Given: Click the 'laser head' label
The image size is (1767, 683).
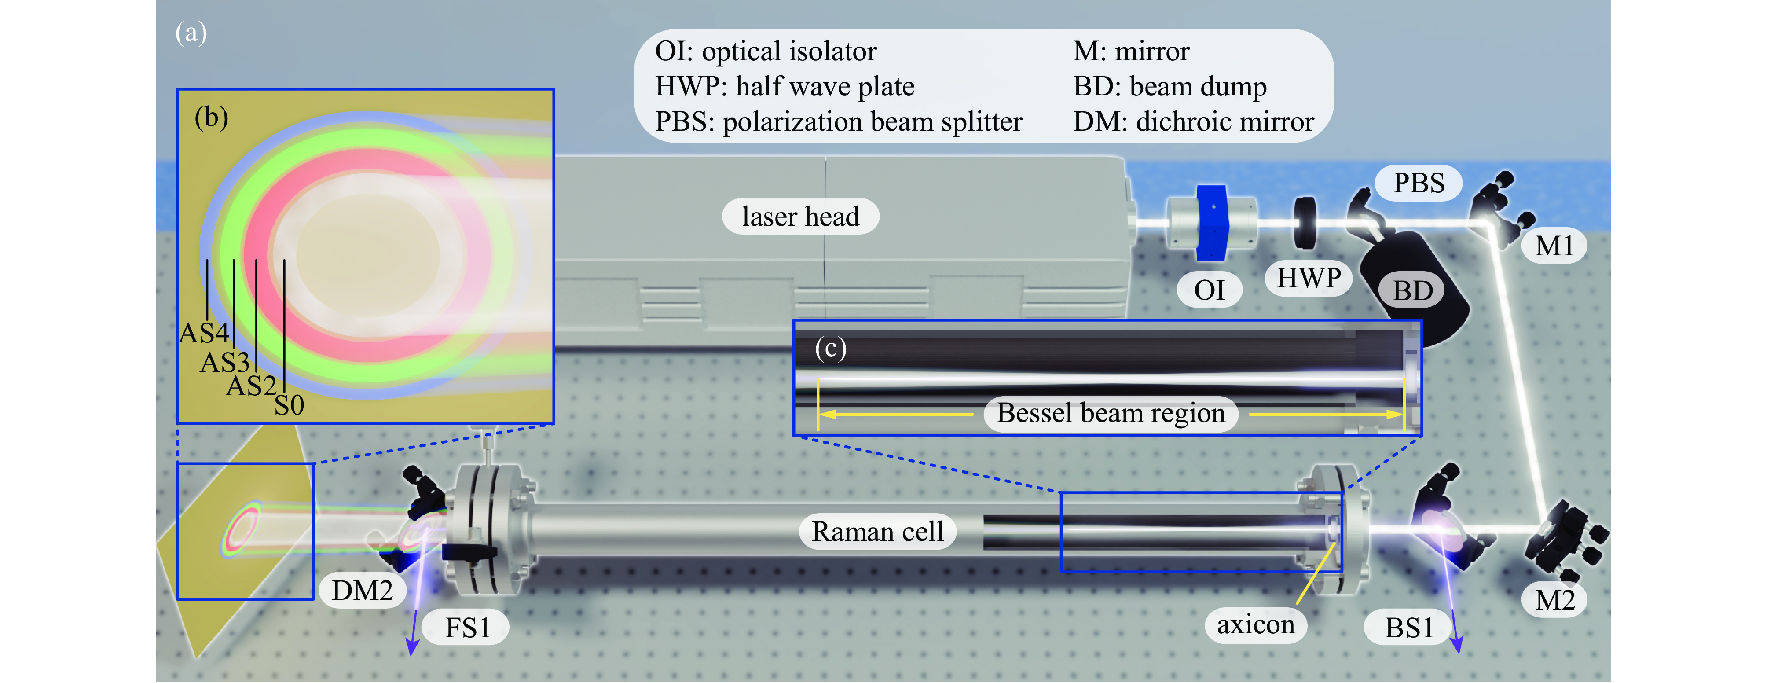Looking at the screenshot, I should [800, 217].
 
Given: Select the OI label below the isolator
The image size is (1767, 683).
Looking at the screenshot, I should [1210, 290].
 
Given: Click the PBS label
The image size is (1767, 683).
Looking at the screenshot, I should [1419, 183].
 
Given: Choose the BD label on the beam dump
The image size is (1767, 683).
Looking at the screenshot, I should [1412, 291].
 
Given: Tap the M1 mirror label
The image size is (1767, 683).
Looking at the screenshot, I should [1554, 246].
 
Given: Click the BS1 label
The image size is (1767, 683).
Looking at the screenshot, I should [1409, 628].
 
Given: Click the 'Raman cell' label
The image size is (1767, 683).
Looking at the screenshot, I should [877, 532].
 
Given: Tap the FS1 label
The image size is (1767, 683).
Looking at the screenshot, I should [467, 628].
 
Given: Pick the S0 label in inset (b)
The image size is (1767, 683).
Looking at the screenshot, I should [289, 406].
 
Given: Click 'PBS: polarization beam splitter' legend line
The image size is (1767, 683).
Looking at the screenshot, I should [838, 122].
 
